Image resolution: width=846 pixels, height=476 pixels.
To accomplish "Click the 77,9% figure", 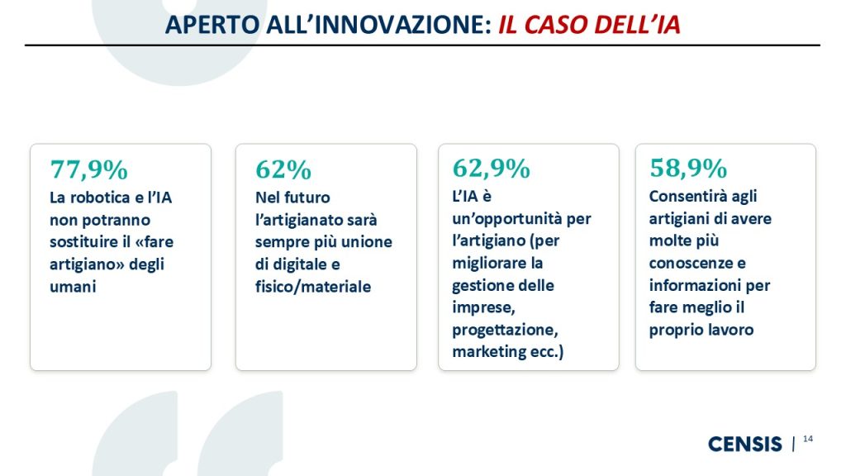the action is pos(88,169).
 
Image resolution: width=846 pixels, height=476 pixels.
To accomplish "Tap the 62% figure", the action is pos(283,169).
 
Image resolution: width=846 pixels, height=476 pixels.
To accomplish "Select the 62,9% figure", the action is pos(491,168).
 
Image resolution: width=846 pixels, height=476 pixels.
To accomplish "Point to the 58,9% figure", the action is pos(688,168).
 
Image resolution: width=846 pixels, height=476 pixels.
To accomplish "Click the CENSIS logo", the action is pos(744,444).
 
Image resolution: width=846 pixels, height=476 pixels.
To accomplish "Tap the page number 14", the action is pos(808,439).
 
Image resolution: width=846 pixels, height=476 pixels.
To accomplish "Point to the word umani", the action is pos(73,287).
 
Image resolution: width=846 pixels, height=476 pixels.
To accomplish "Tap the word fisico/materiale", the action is pos(313,287).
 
